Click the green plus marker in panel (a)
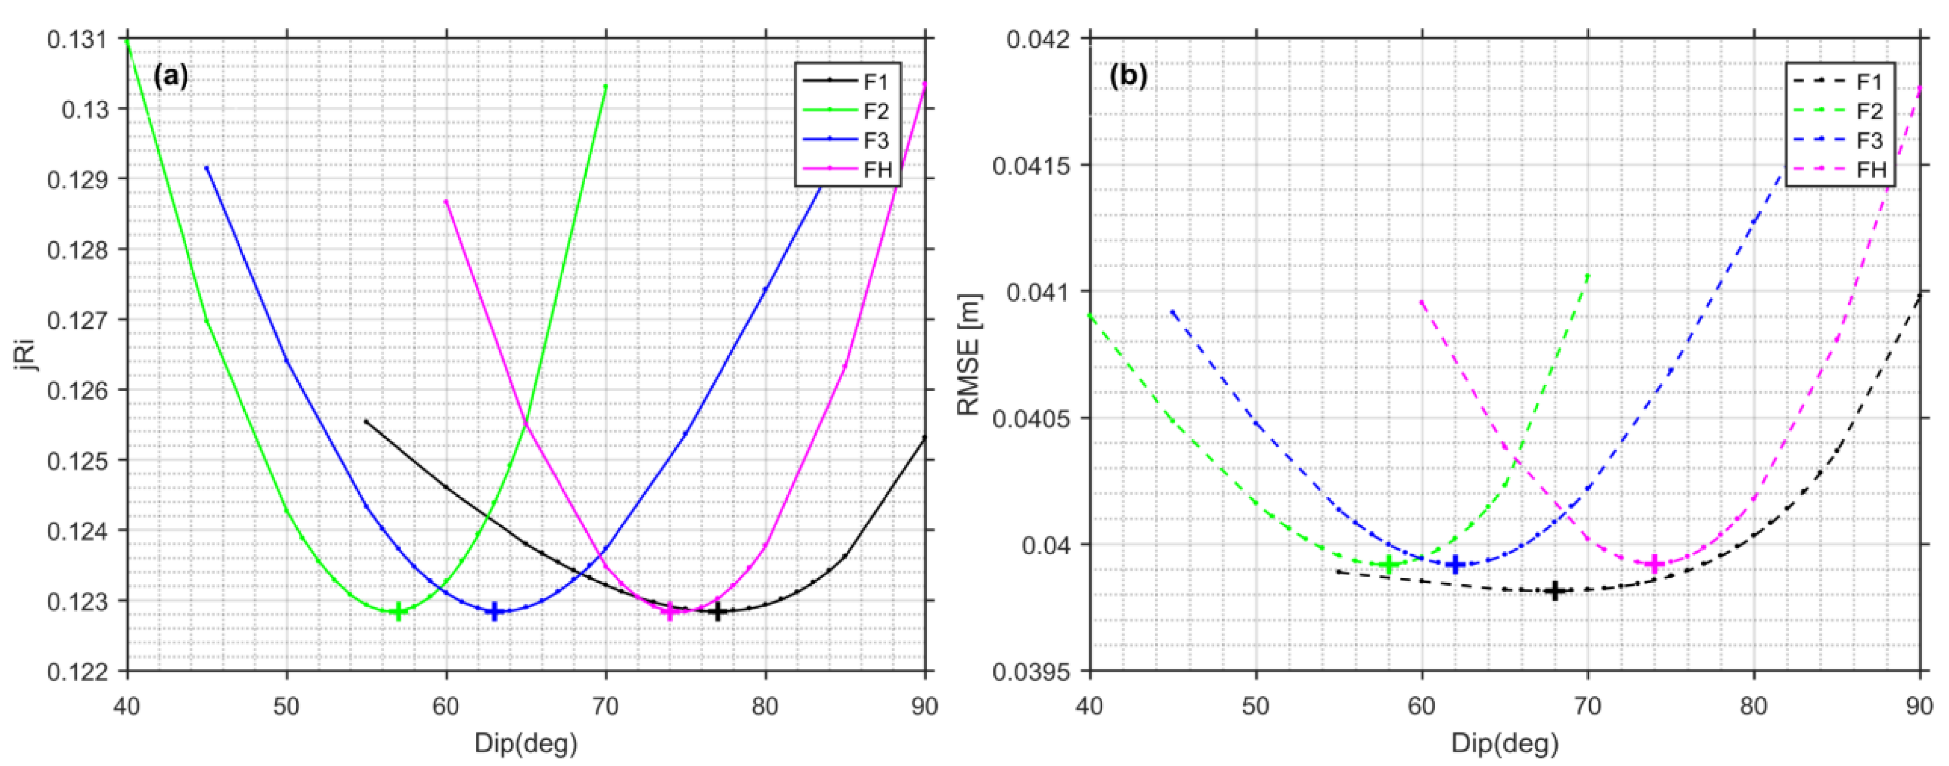(399, 612)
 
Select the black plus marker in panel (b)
(1555, 591)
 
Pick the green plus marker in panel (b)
(1388, 564)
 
